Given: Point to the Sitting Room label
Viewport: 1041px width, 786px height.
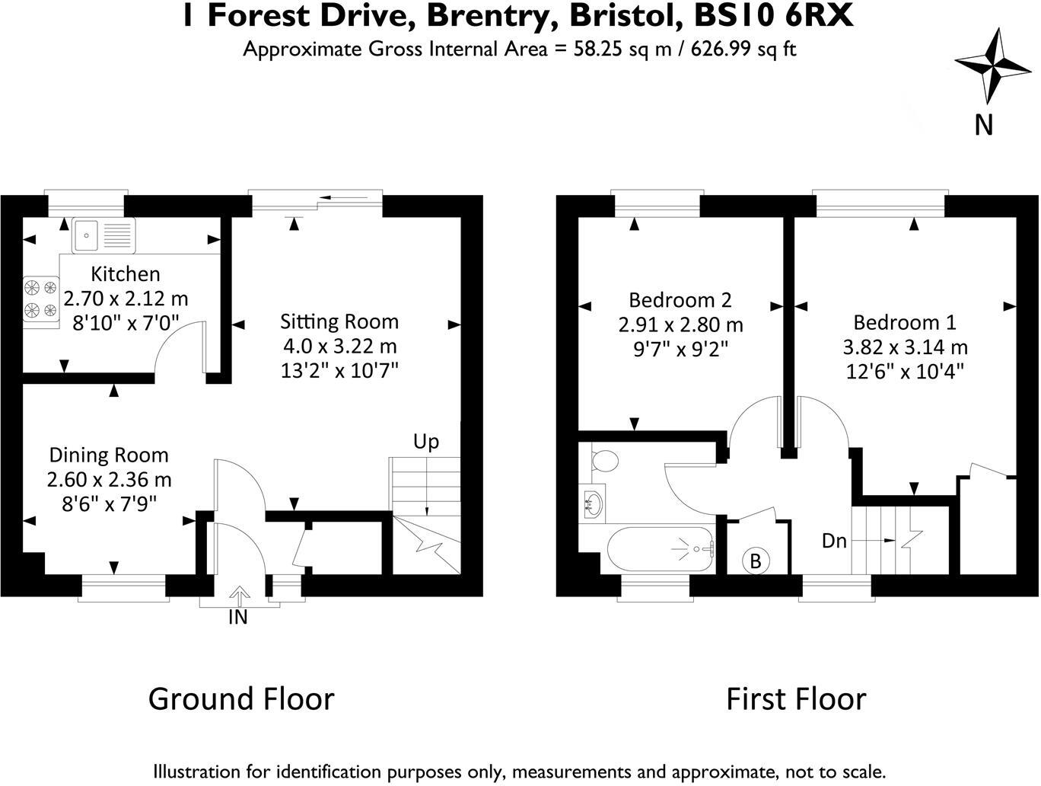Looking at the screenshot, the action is [x=339, y=321].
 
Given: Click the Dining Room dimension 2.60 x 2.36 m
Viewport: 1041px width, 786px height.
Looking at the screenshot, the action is [x=109, y=480].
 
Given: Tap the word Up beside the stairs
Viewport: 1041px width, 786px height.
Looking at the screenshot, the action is [x=426, y=442].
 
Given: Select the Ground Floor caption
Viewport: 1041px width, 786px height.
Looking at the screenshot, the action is [x=241, y=698].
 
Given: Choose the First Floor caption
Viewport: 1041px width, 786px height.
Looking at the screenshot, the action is [x=796, y=698].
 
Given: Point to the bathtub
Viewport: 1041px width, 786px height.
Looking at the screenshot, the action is [x=661, y=548].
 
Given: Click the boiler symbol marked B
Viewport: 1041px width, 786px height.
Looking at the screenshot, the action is [x=756, y=561].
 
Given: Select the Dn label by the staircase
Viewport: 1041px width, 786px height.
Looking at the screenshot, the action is [x=835, y=542].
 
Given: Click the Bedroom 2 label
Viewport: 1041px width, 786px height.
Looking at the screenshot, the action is [x=680, y=299].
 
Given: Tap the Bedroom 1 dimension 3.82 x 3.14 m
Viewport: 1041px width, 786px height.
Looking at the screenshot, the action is [x=905, y=347].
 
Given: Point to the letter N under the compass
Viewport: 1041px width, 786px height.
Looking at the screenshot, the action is [x=984, y=124].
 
